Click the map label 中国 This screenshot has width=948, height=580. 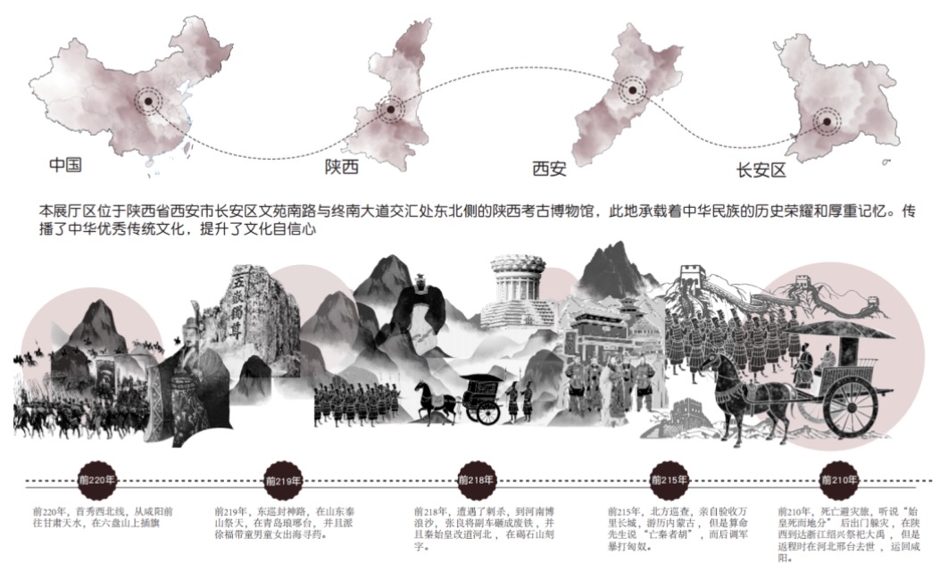pyautogui.click(x=66, y=165)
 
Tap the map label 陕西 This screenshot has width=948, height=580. pyautogui.click(x=342, y=167)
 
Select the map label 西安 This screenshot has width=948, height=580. pyautogui.click(x=549, y=167)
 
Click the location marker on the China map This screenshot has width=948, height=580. pyautogui.click(x=148, y=101)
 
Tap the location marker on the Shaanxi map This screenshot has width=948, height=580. pyautogui.click(x=389, y=111)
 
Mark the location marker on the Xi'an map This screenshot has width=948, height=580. pyautogui.click(x=632, y=89)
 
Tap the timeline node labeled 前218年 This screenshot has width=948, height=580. pyautogui.click(x=477, y=480)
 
